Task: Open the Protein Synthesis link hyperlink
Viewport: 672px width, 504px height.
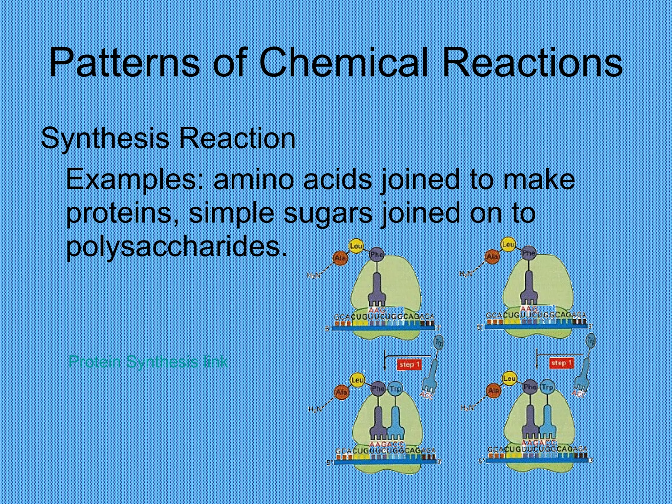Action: [x=148, y=362]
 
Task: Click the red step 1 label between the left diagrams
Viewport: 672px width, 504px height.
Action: [x=409, y=364]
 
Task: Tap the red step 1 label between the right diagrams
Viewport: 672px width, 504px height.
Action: [x=561, y=363]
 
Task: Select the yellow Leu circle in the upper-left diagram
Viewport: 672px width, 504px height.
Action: [x=356, y=246]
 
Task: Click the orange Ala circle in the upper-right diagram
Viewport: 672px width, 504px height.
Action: [x=492, y=257]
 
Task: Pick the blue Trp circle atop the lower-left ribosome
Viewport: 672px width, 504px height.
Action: [x=395, y=389]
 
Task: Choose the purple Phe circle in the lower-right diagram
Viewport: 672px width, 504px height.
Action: [x=530, y=387]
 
